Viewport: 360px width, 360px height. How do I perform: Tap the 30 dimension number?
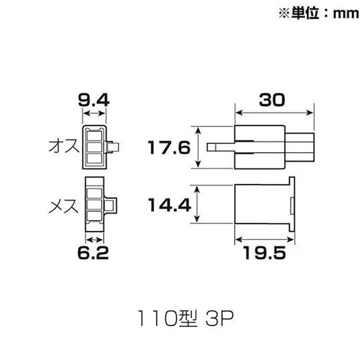[x=272, y=99]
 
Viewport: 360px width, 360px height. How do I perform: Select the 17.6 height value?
[x=170, y=147]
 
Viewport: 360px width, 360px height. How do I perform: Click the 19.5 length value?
[x=265, y=254]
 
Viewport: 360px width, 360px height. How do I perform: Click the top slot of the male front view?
[x=94, y=135]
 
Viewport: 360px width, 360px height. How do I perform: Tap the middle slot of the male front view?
[x=94, y=147]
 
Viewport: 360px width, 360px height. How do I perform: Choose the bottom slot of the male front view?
[x=94, y=158]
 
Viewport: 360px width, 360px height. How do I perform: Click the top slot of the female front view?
[x=94, y=193]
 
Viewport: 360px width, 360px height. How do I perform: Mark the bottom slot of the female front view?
[x=94, y=215]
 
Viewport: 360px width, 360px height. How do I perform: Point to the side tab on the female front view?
[x=110, y=205]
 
